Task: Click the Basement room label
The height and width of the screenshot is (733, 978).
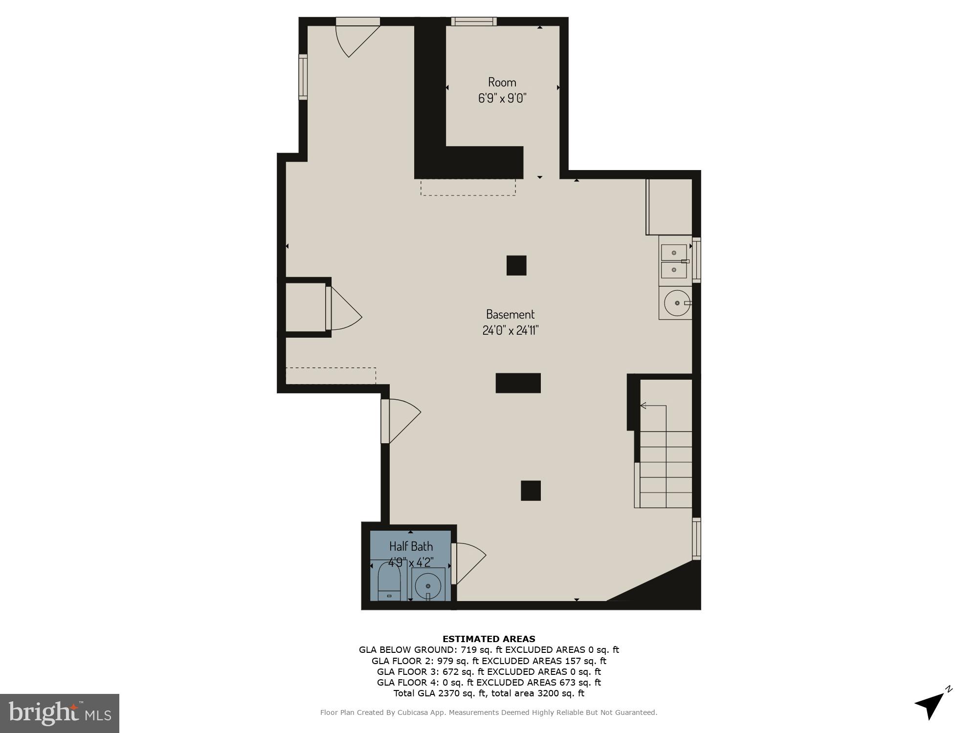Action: click(x=510, y=314)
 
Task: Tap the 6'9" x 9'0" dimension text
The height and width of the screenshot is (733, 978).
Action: click(x=502, y=98)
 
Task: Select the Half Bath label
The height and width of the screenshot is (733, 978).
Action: click(x=411, y=546)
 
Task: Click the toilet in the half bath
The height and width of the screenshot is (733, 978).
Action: click(x=389, y=582)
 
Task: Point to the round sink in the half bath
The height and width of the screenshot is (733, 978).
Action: click(x=428, y=584)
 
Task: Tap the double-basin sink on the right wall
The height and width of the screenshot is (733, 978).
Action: click(x=674, y=261)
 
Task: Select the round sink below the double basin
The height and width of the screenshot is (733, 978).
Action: click(x=677, y=303)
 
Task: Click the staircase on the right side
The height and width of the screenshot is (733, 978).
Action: click(x=665, y=469)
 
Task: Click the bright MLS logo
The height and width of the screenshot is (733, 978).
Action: click(x=60, y=713)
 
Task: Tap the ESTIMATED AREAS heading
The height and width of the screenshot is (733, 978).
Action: click(x=489, y=639)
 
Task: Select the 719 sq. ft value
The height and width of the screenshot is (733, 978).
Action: click(x=481, y=650)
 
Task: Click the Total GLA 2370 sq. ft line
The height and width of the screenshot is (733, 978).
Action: click(x=489, y=693)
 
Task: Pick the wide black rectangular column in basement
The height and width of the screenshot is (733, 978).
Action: click(x=518, y=383)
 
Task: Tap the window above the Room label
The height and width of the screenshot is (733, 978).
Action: click(x=473, y=22)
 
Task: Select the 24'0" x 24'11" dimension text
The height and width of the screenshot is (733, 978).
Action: click(x=510, y=331)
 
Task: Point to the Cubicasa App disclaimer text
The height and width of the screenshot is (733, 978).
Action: click(x=489, y=712)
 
